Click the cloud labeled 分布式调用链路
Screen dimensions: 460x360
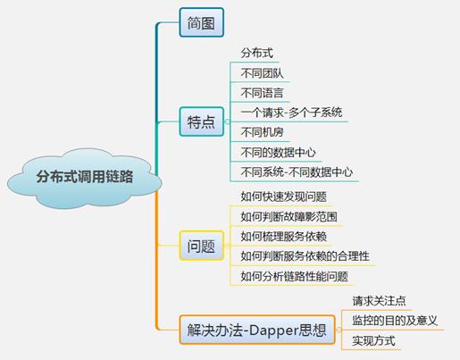click(85, 178)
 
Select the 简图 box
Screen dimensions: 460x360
click(202, 22)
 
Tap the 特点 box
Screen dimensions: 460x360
click(202, 121)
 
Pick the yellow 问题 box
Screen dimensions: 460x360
click(202, 246)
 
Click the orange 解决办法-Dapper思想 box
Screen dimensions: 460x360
click(257, 330)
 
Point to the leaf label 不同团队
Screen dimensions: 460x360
click(262, 73)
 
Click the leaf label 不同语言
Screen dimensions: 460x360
click(262, 93)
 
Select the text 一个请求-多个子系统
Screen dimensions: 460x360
click(291, 113)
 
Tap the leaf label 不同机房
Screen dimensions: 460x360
click(262, 132)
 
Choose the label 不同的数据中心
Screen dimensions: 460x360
click(278, 153)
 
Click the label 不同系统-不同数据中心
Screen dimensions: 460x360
click(297, 172)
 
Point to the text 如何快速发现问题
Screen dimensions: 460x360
click(284, 197)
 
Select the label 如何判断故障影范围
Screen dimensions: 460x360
click(289, 217)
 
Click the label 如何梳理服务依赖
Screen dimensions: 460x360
click(284, 237)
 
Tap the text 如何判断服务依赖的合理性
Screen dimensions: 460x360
click(305, 256)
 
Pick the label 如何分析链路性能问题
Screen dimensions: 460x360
click(295, 276)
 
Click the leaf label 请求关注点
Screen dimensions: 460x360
click(379, 301)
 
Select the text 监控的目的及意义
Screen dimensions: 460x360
click(395, 321)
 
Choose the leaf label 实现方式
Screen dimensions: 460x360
click(373, 340)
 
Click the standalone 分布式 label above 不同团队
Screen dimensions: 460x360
click(257, 53)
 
